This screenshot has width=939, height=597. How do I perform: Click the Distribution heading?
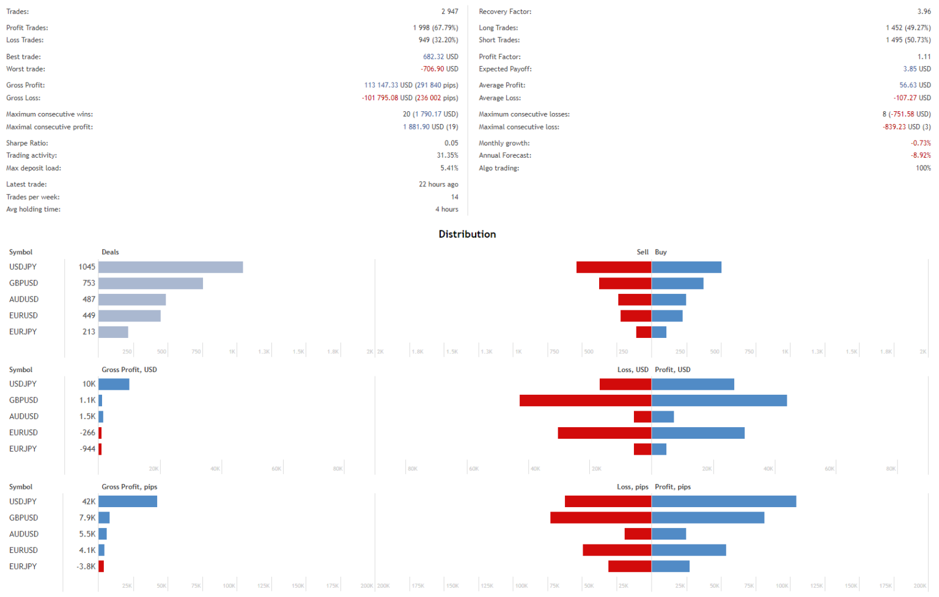pyautogui.click(x=467, y=234)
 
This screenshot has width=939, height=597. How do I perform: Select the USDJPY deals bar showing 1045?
pyautogui.click(x=171, y=267)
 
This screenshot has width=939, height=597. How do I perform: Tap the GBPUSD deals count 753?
pyautogui.click(x=89, y=283)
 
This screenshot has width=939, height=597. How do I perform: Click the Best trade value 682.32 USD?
pyautogui.click(x=440, y=57)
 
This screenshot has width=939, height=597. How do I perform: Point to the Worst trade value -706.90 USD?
pyautogui.click(x=439, y=69)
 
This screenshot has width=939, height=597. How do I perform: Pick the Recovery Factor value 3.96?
pyautogui.click(x=924, y=12)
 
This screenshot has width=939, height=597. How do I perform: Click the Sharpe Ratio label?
pyautogui.click(x=27, y=143)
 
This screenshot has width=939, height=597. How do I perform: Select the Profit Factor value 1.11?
pyautogui.click(x=924, y=57)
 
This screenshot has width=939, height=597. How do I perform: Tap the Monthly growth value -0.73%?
pyautogui.click(x=921, y=143)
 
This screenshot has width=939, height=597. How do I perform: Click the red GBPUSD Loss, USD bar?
pyautogui.click(x=585, y=400)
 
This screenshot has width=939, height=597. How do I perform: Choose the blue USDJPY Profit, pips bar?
pyautogui.click(x=724, y=502)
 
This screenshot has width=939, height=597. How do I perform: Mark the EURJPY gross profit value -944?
pyautogui.click(x=87, y=449)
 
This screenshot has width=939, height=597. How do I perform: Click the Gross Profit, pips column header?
pyautogui.click(x=130, y=487)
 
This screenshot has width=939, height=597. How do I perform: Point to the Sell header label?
pyautogui.click(x=643, y=252)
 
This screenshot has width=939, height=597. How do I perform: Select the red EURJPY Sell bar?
pyautogui.click(x=643, y=332)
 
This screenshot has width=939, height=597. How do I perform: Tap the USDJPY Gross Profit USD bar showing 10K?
pyautogui.click(x=114, y=384)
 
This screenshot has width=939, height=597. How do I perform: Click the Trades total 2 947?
pyautogui.click(x=449, y=12)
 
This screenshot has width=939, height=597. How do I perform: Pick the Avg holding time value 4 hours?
pyautogui.click(x=446, y=209)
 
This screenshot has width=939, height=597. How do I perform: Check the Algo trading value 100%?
pyautogui.click(x=923, y=168)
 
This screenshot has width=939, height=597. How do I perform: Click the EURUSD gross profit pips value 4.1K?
pyautogui.click(x=87, y=551)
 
